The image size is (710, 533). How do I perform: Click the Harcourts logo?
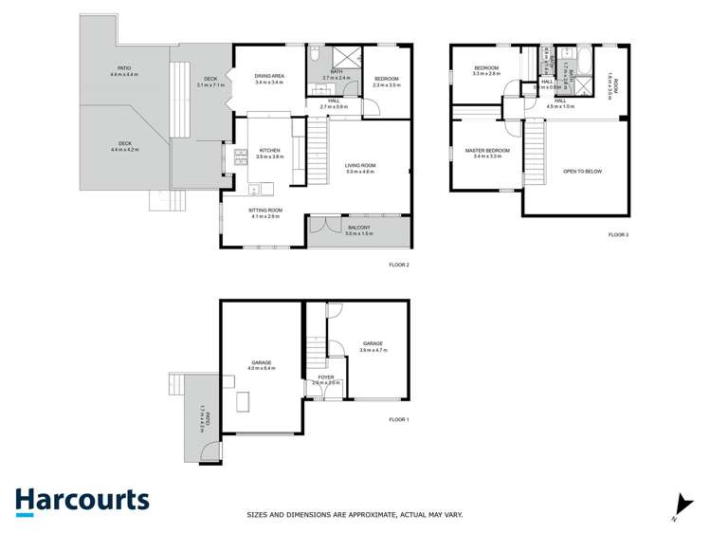click(x=82, y=501)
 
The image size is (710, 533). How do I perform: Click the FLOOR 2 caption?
click(x=399, y=265)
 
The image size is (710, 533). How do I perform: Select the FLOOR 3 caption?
click(x=618, y=233)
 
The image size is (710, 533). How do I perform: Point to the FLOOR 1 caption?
click(x=399, y=418)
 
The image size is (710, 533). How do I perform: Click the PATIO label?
click(x=124, y=68)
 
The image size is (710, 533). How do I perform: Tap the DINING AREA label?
click(x=270, y=76)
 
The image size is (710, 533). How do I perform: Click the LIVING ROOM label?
click(x=360, y=166)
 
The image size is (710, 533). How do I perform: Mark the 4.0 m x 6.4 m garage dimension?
click(x=262, y=368)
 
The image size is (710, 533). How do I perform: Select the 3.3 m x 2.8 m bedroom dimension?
click(x=487, y=74)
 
